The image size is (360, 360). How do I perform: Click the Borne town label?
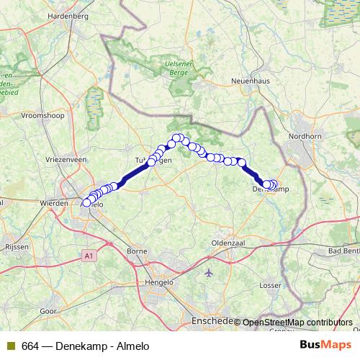point(136,252)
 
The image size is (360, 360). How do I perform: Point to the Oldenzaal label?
point(229,243)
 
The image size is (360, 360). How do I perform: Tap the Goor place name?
point(49,311)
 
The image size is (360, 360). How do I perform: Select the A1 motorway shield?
point(88,256)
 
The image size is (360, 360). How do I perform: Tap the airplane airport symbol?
point(209,274)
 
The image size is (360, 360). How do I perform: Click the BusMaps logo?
point(330,346)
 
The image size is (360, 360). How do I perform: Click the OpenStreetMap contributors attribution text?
point(297,323)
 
